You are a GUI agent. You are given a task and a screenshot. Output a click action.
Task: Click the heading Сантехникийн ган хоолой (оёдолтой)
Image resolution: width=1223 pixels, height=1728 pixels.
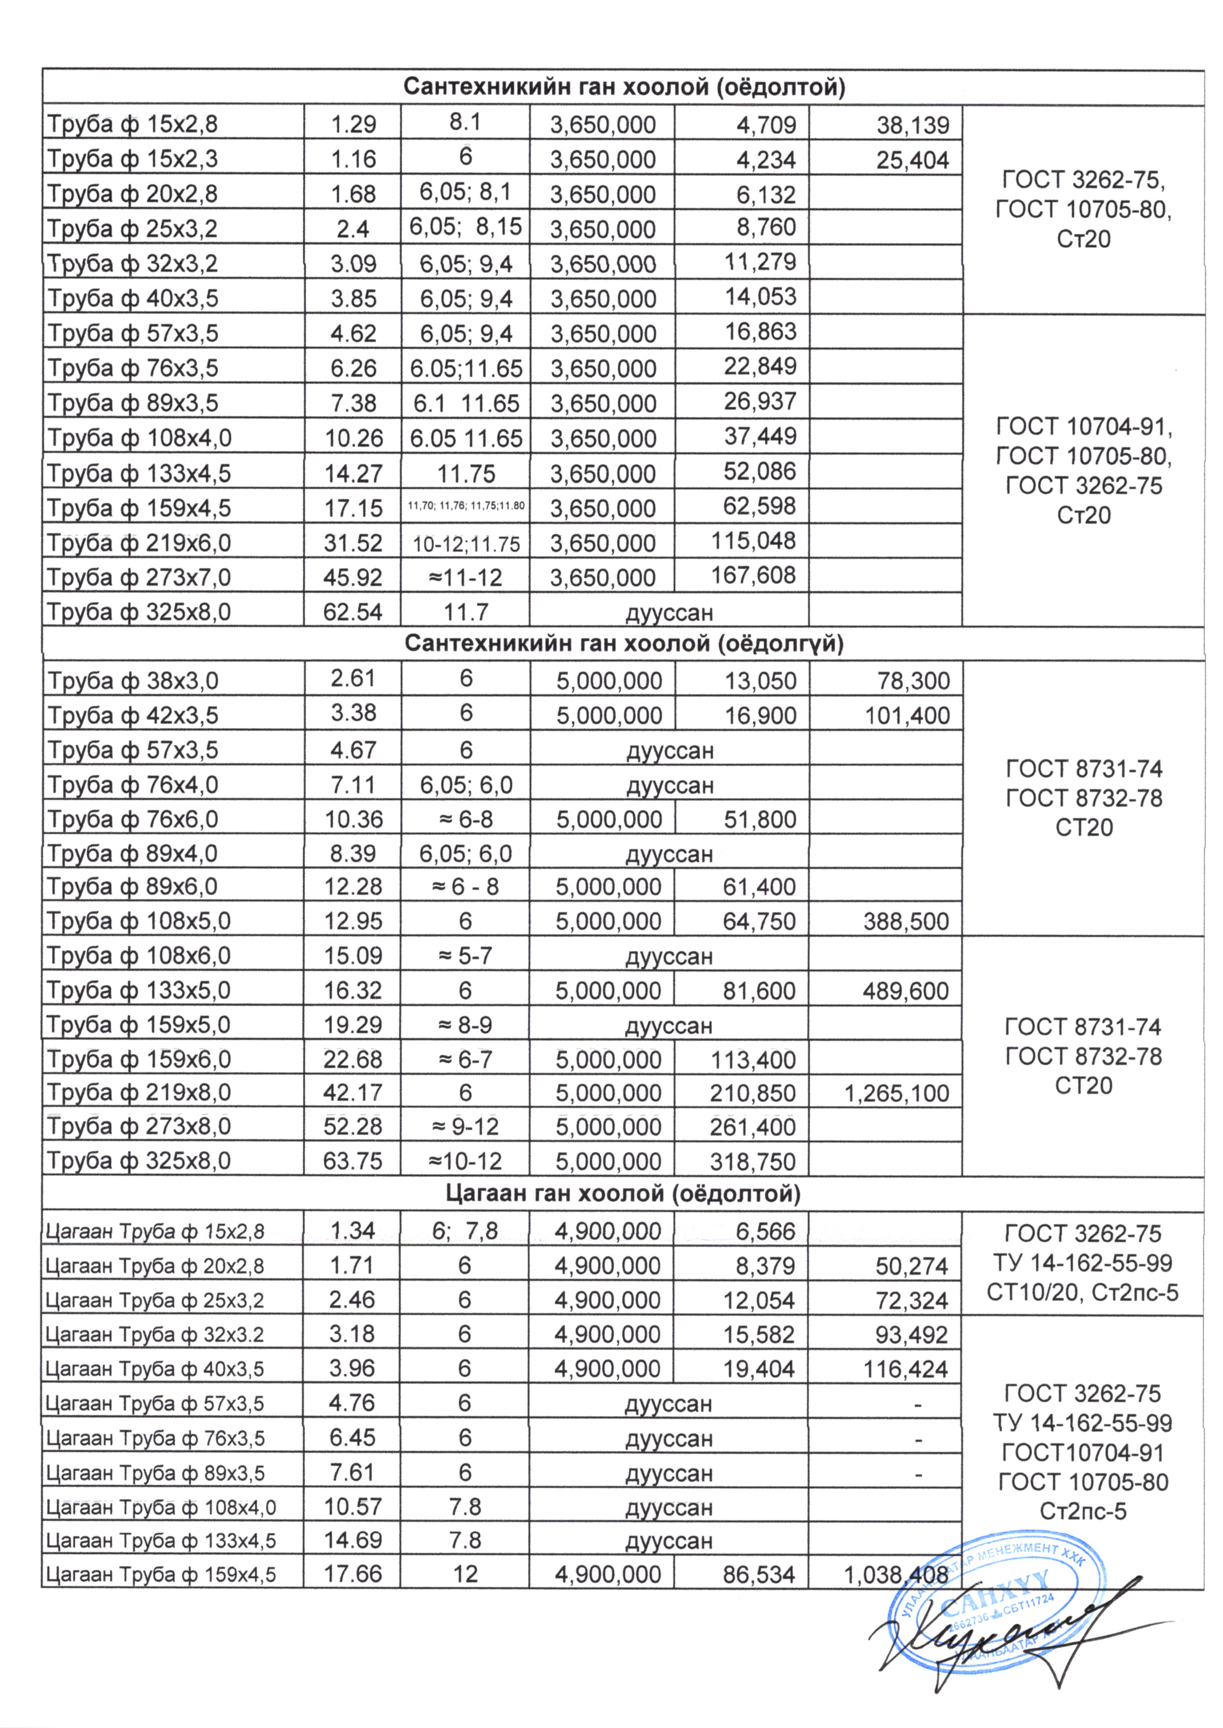pyautogui.click(x=624, y=87)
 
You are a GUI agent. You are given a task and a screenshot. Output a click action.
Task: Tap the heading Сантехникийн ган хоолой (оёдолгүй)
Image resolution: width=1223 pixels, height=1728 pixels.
pyautogui.click(x=624, y=644)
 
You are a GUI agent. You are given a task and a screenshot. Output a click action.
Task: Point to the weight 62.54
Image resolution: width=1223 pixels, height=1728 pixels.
pyautogui.click(x=352, y=611)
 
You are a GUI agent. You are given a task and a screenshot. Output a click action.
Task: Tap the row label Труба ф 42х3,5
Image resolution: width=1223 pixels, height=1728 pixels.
pyautogui.click(x=133, y=715)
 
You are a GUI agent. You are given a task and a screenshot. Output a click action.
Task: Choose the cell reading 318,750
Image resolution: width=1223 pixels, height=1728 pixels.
pyautogui.click(x=752, y=1161)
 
